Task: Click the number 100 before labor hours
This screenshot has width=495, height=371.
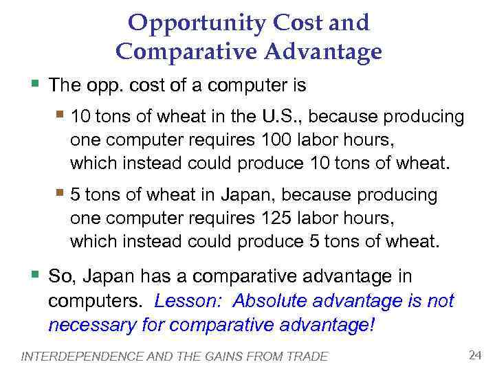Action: click(276, 141)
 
